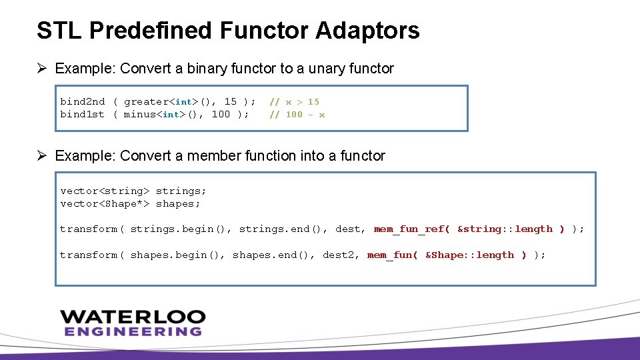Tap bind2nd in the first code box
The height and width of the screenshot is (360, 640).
82,101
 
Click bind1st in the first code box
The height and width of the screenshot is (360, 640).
82,114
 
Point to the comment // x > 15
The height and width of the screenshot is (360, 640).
294,101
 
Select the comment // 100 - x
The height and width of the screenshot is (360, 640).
297,114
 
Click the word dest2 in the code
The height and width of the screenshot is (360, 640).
339,255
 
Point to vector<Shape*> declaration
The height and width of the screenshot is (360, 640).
105,203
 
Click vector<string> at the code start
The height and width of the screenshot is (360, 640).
105,191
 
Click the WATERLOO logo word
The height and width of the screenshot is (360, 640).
133,317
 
